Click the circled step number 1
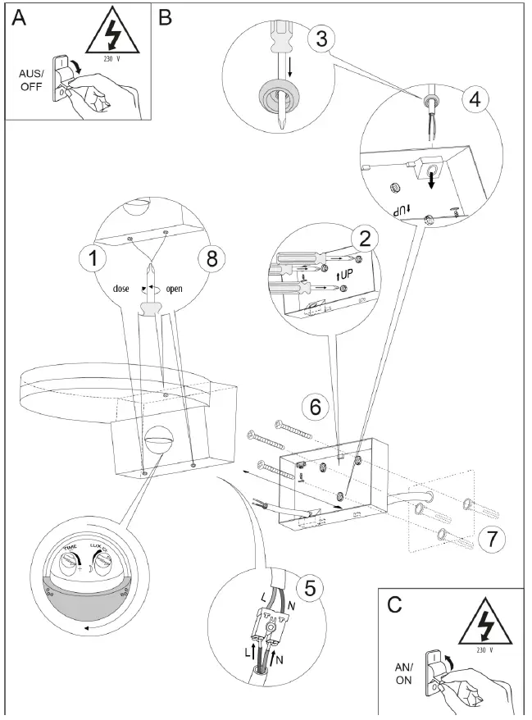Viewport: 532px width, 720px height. coord(94,259)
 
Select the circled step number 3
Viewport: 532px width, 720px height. coord(321,39)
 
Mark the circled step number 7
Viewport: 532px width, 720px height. coord(489,539)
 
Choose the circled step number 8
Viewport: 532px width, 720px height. coord(211,259)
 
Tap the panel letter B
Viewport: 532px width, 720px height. coord(166,17)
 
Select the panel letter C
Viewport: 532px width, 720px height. coord(395,604)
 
